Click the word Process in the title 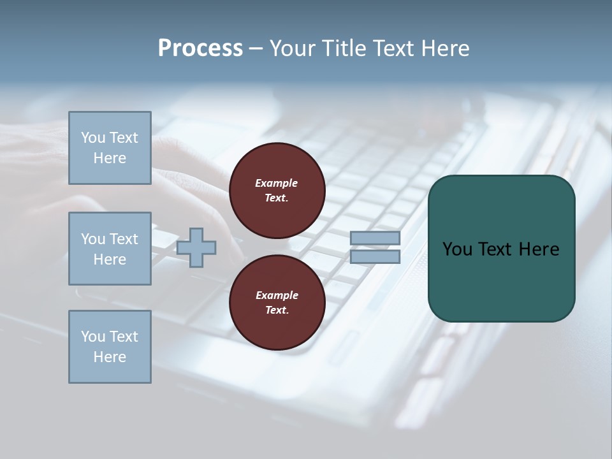tap(200, 48)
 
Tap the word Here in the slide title tap(444, 48)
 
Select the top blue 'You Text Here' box tap(110, 148)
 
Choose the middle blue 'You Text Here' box tap(110, 249)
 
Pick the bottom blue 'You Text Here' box tap(110, 347)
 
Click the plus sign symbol tap(196, 247)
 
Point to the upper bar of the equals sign tap(375, 238)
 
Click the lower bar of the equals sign tap(375, 256)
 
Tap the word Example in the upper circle tap(276, 184)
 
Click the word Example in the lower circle tap(276, 296)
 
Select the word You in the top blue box tap(93, 138)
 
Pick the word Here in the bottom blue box tap(110, 357)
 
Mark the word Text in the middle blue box tap(124, 239)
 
